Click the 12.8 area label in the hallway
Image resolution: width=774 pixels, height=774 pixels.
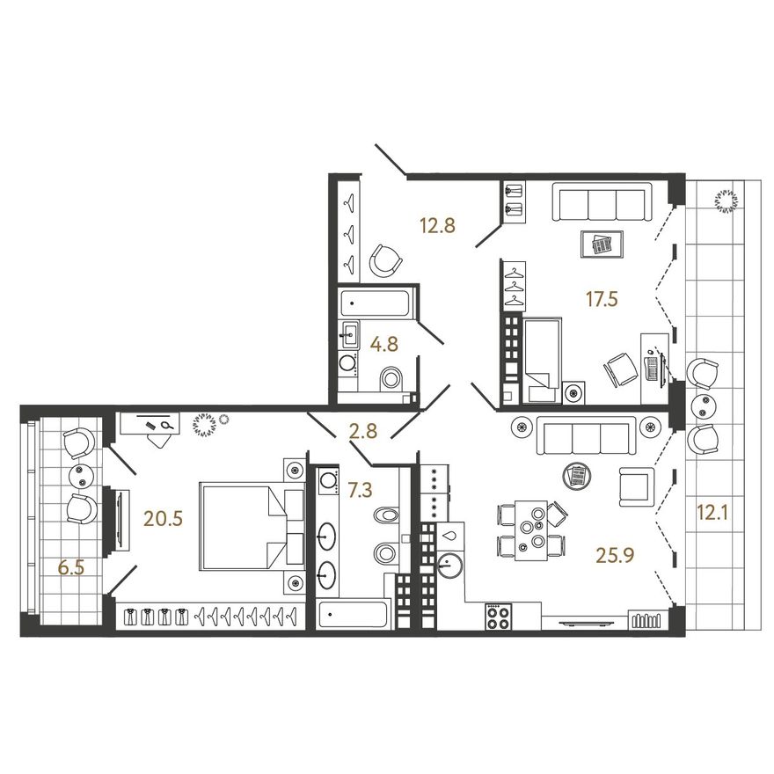click(437, 225)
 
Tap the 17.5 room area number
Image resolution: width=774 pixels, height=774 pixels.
click(602, 299)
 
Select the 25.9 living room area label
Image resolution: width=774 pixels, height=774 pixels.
click(615, 556)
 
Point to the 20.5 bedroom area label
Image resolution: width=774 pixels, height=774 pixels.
click(164, 519)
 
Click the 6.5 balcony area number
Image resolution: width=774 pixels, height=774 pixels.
click(71, 568)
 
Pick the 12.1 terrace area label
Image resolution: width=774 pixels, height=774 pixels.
click(713, 514)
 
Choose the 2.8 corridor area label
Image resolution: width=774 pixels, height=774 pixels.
click(362, 431)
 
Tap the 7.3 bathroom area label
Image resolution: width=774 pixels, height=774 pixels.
click(361, 490)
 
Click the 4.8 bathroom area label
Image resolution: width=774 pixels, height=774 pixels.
click(384, 344)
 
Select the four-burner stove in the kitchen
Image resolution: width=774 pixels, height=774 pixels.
click(499, 616)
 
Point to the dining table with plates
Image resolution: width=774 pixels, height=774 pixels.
click(530, 530)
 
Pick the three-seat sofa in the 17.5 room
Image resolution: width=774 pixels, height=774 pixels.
click(602, 201)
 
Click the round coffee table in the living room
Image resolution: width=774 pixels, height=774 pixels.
click(577, 476)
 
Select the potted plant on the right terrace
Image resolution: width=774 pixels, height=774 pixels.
click(727, 202)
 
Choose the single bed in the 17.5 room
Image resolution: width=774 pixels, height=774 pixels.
click(543, 361)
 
